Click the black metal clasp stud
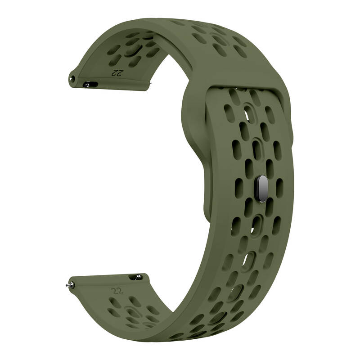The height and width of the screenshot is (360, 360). pyautogui.click(x=262, y=189)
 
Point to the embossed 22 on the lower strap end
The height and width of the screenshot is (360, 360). pyautogui.click(x=117, y=291)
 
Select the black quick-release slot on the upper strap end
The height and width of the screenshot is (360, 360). pyautogui.click(x=90, y=85)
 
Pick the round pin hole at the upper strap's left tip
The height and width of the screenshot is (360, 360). pyautogui.click(x=73, y=79)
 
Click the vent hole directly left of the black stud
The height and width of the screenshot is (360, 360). pyautogui.click(x=239, y=189)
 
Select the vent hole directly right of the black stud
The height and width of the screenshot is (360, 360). pyautogui.click(x=279, y=188)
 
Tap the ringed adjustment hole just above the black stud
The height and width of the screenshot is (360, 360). pyautogui.click(x=256, y=149)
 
